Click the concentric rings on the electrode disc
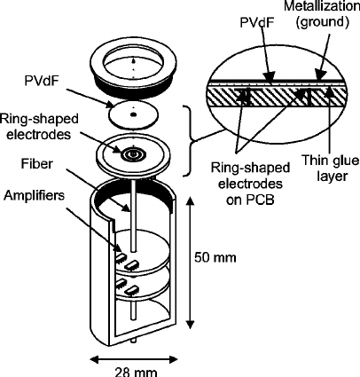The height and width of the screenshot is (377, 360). pyautogui.click(x=136, y=153)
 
